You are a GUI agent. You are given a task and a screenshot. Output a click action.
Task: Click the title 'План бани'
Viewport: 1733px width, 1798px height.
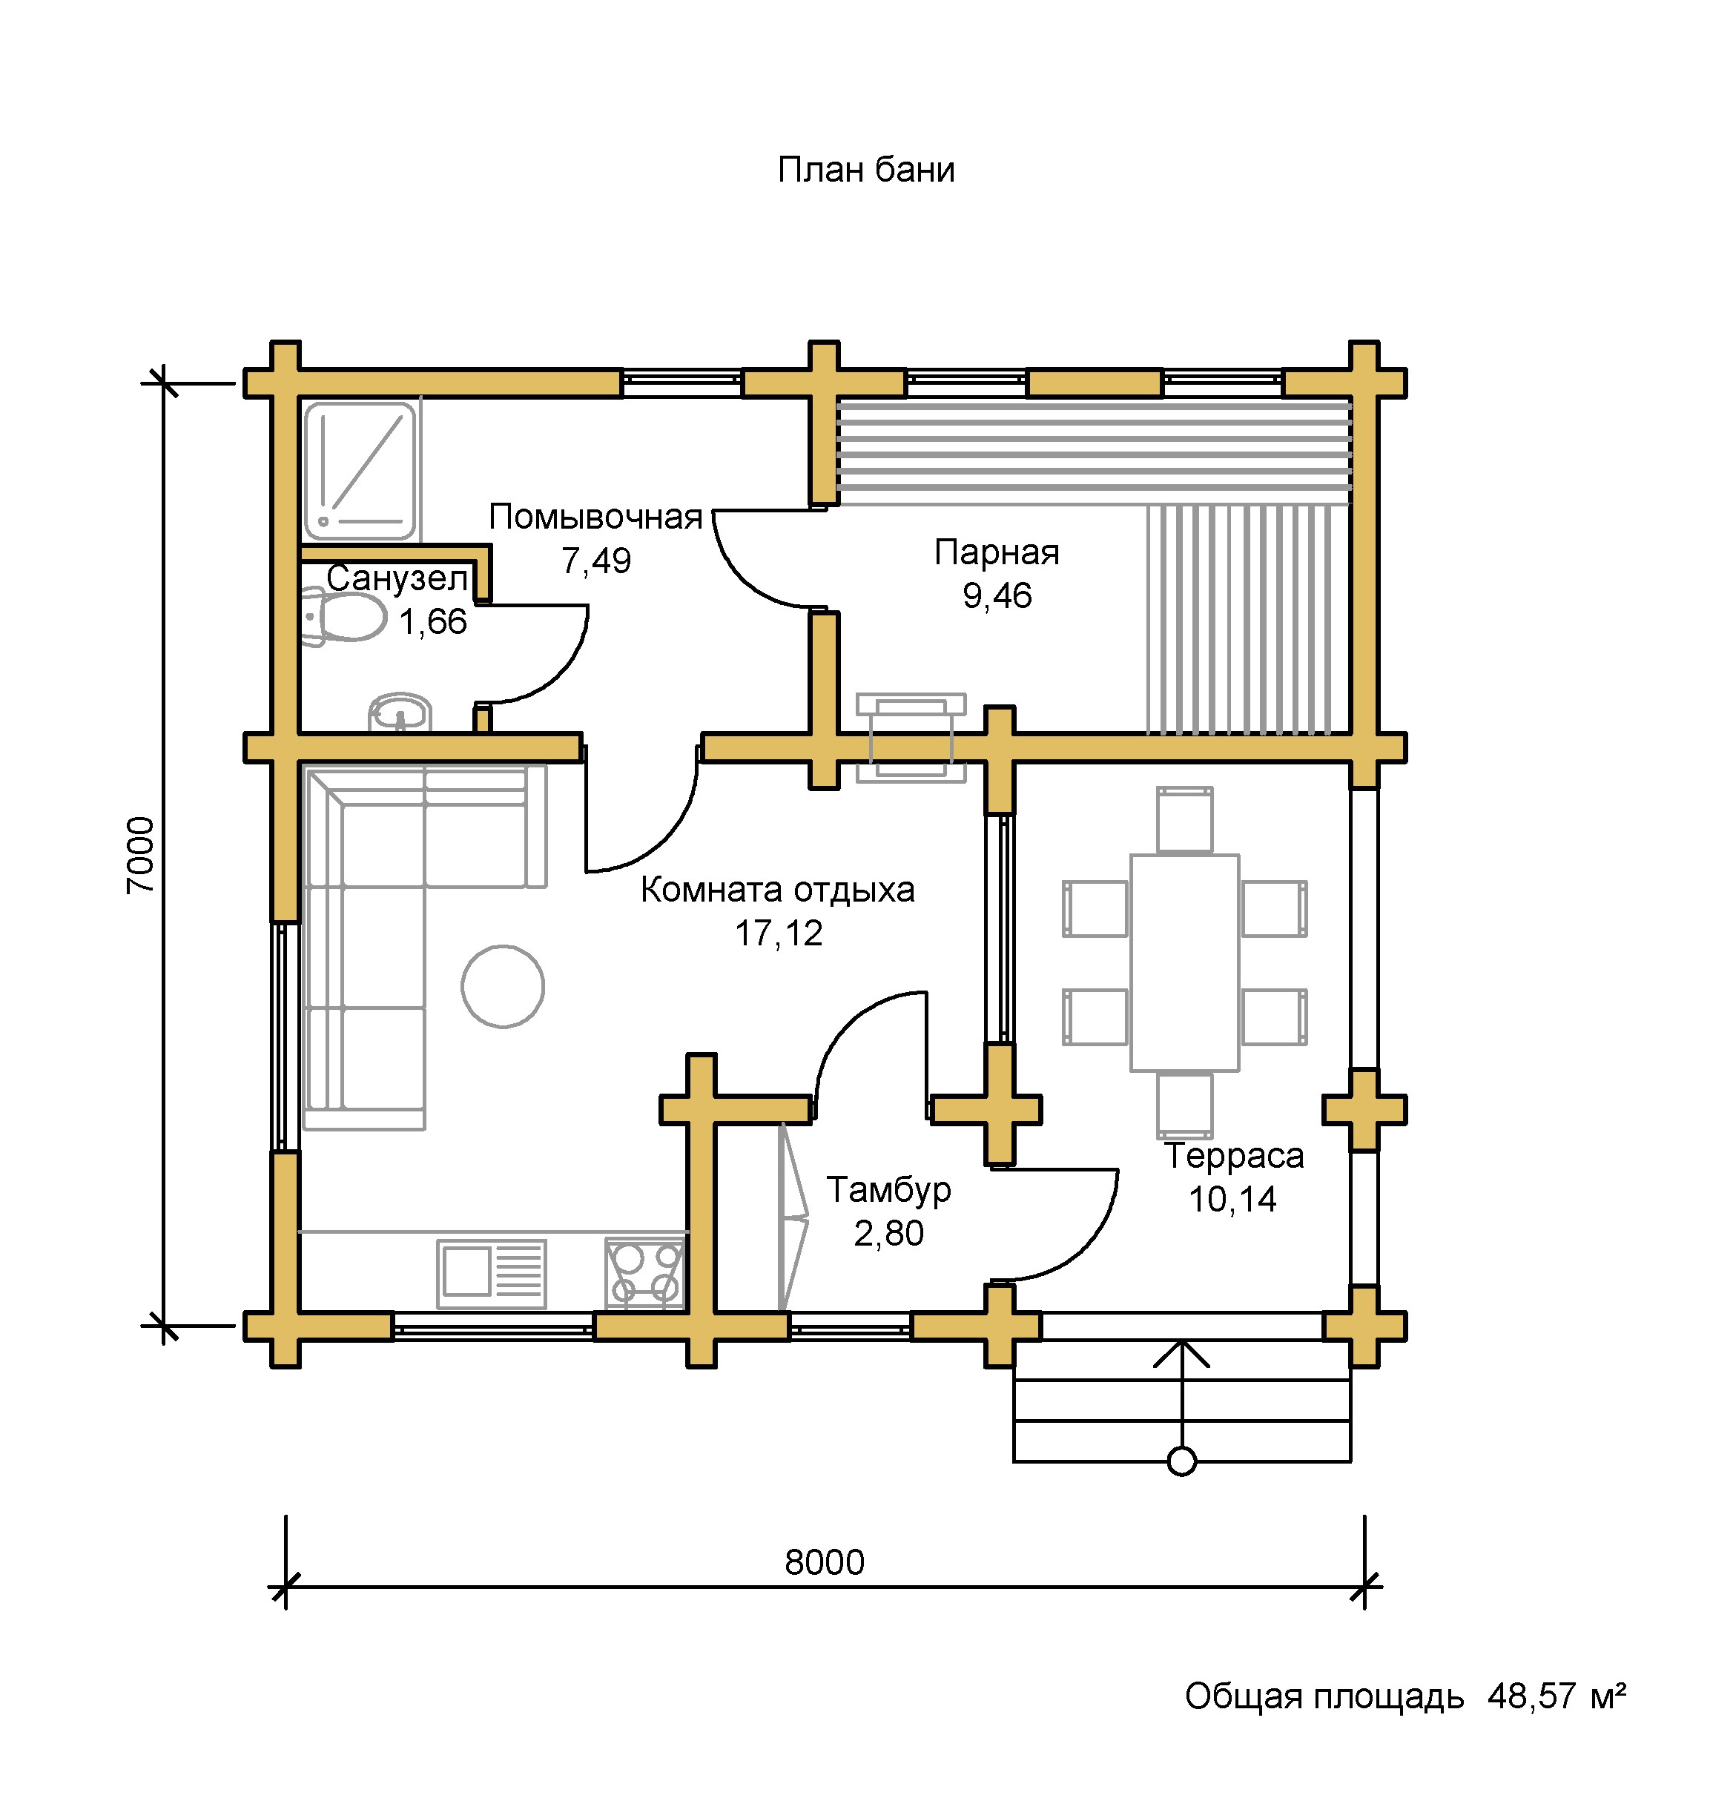[866, 171]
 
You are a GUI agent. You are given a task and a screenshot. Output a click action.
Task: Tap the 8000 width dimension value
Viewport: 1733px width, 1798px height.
[824, 1562]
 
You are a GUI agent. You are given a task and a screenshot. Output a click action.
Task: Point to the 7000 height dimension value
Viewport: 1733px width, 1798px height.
[142, 855]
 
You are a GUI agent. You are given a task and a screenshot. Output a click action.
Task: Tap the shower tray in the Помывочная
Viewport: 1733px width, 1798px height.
[360, 471]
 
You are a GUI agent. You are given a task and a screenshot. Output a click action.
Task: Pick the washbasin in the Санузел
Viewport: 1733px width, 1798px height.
[400, 712]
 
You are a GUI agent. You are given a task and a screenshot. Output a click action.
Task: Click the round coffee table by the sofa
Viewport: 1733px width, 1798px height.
[503, 986]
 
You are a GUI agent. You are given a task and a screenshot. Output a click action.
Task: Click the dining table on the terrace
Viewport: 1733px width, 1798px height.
[1184, 962]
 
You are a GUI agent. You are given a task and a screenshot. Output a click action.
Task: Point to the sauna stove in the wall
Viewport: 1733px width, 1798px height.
[911, 738]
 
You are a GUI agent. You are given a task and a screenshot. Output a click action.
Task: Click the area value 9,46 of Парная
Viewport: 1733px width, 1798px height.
[997, 596]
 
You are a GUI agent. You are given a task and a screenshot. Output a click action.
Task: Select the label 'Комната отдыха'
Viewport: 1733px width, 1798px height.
[777, 890]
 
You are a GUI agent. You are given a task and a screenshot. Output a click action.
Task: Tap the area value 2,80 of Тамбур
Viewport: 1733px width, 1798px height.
[888, 1234]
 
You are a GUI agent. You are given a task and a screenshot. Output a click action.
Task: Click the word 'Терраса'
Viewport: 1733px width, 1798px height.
[1234, 1156]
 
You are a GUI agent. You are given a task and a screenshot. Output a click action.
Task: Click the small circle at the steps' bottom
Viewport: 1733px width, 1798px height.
[1181, 1461]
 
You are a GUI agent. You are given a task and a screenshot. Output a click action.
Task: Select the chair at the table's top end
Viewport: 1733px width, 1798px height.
[1184, 819]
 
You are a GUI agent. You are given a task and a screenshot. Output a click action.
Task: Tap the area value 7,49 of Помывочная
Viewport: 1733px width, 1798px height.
[596, 561]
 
